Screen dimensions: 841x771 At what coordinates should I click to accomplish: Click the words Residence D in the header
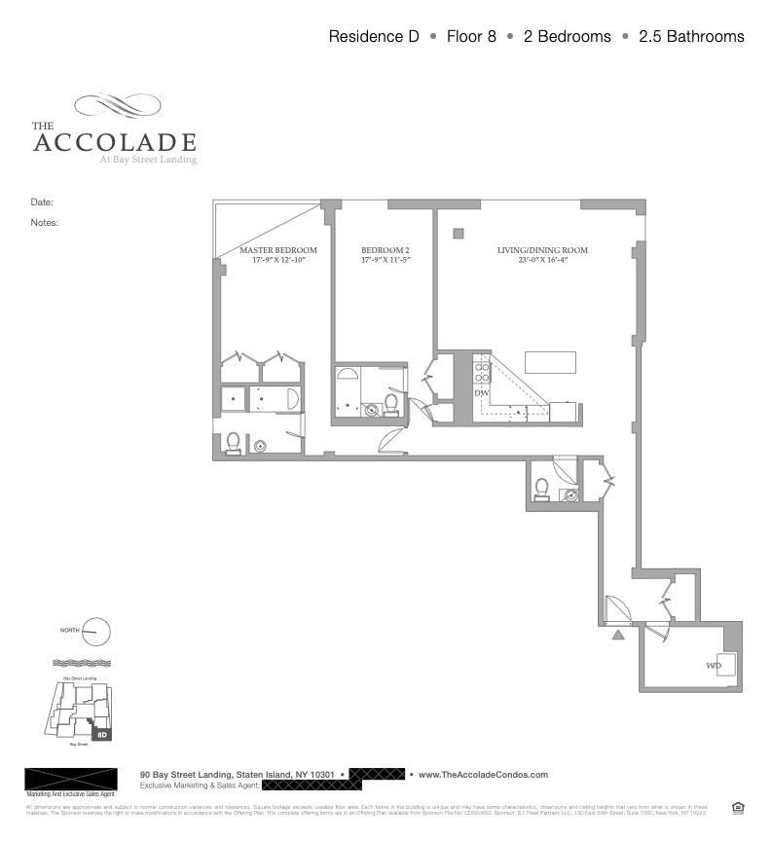coord(374,37)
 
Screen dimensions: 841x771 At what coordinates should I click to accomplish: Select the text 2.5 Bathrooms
coord(691,37)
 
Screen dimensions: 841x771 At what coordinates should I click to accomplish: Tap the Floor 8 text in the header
coord(471,37)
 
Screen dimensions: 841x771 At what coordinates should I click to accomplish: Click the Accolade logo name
coord(114,142)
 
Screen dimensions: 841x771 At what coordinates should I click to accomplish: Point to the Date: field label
coord(42,202)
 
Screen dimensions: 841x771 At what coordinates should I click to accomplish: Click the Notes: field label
coord(45,222)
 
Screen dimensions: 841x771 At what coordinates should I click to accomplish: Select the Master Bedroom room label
coord(278,250)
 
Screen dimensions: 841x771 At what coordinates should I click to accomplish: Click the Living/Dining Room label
coord(542,250)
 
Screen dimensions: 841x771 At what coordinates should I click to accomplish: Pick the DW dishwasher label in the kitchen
coord(481,392)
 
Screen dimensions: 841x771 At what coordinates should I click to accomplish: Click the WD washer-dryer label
coord(714,667)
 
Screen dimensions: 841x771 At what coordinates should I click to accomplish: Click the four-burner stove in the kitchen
coord(481,370)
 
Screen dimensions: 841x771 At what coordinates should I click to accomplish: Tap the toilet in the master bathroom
coord(233,443)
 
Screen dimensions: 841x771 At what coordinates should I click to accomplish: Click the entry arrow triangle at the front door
coord(617,636)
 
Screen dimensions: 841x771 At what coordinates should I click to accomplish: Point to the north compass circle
coord(96,632)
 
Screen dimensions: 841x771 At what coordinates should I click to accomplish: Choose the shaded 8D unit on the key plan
coord(101,734)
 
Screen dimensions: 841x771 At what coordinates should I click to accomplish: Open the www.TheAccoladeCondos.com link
coord(483,775)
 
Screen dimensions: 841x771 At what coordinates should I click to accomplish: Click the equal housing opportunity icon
coord(737,807)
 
